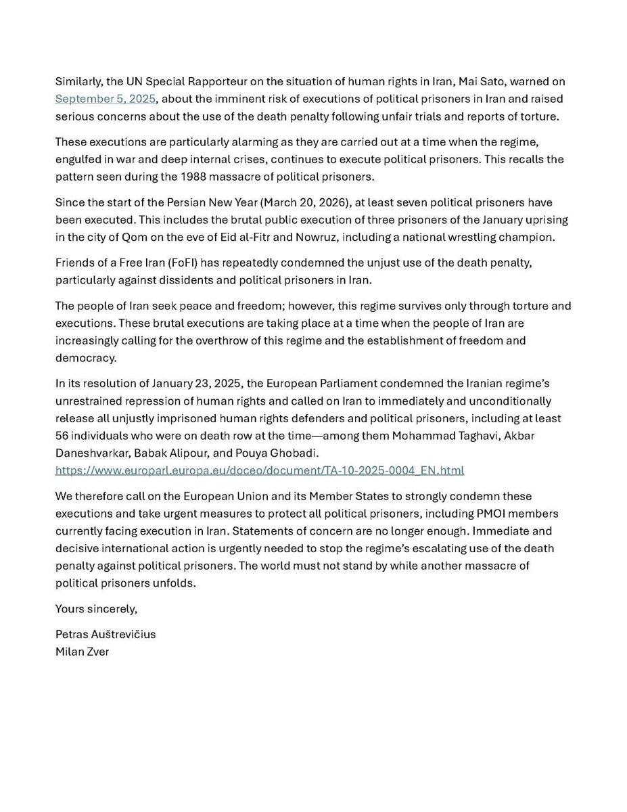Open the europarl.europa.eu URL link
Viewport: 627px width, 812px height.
pos(260,470)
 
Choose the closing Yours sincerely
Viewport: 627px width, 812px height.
pos(96,608)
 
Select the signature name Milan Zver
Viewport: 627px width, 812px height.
pos(81,652)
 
